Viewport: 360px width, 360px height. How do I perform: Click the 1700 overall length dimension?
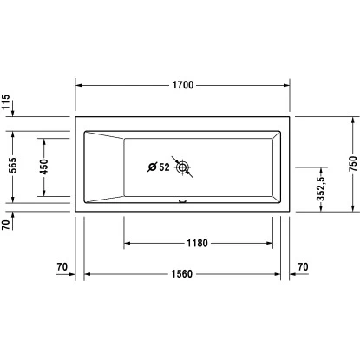click(x=182, y=85)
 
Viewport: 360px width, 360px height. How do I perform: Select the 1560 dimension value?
click(x=182, y=275)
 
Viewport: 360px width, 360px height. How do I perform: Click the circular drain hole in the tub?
click(x=184, y=167)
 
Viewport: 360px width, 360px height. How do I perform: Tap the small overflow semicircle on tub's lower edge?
click(x=181, y=206)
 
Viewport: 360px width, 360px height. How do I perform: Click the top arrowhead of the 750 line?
click(x=352, y=121)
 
